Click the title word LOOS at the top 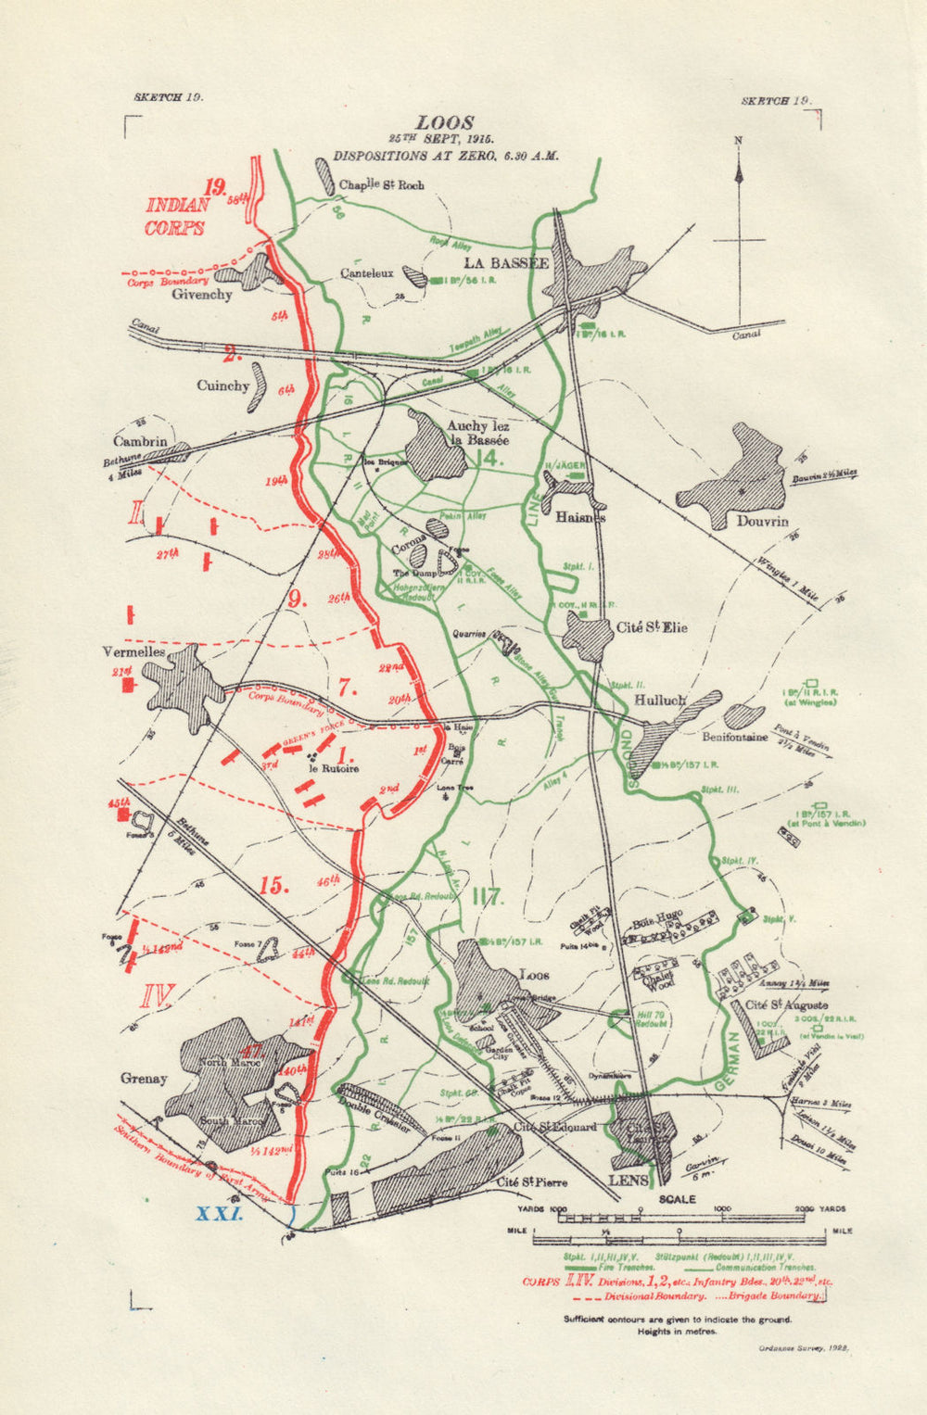445,122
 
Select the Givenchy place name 202,294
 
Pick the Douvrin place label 762,521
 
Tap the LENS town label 628,1181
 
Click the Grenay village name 144,1078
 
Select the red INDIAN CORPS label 175,216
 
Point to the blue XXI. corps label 219,1213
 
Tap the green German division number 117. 487,897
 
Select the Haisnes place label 580,518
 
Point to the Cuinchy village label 222,385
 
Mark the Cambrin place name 141,441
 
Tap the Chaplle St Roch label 382,184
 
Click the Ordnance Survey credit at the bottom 803,1349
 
